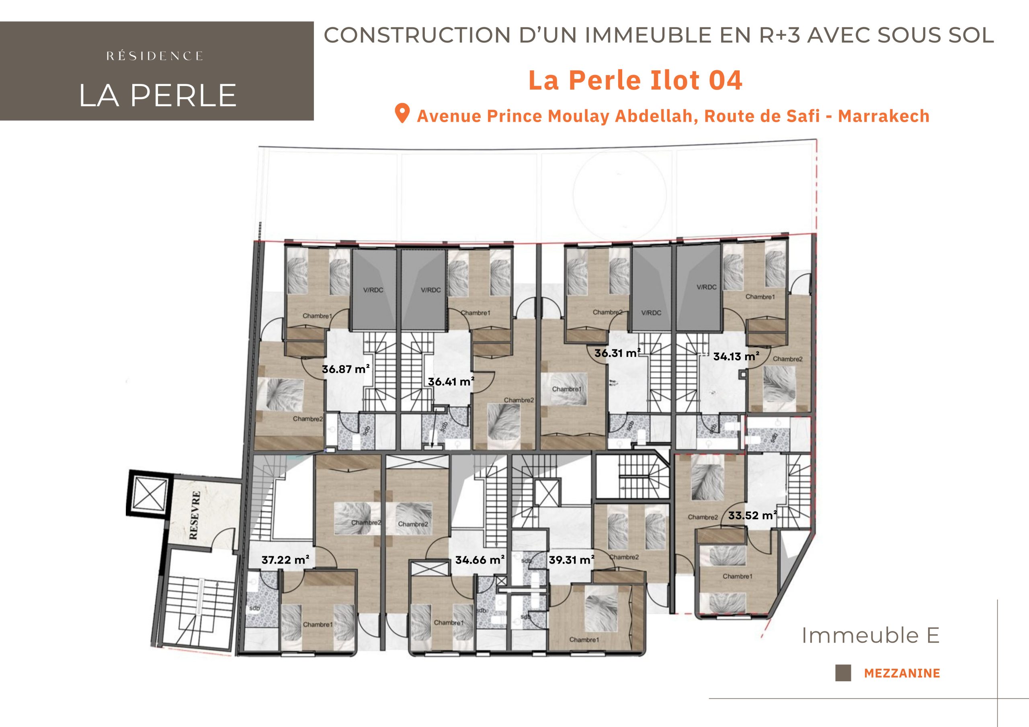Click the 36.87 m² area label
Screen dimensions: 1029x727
tap(346, 369)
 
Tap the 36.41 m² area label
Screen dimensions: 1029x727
tap(451, 382)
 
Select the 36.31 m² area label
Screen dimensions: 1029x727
tap(617, 353)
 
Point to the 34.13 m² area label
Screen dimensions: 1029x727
tap(736, 357)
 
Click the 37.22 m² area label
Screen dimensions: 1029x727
tap(285, 560)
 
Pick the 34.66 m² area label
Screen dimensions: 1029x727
tap(480, 560)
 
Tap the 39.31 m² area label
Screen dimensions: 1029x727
tap(572, 560)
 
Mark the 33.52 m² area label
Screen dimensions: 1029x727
tap(752, 515)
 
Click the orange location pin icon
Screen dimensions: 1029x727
tap(402, 114)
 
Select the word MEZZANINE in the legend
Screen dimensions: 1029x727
tap(902, 673)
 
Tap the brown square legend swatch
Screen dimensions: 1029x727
tap(843, 673)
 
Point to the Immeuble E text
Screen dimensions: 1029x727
tap(870, 635)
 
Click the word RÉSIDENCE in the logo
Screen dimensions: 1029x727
tap(155, 56)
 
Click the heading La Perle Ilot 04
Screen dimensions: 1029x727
tap(635, 80)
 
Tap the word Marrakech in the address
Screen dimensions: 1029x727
tap(884, 116)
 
